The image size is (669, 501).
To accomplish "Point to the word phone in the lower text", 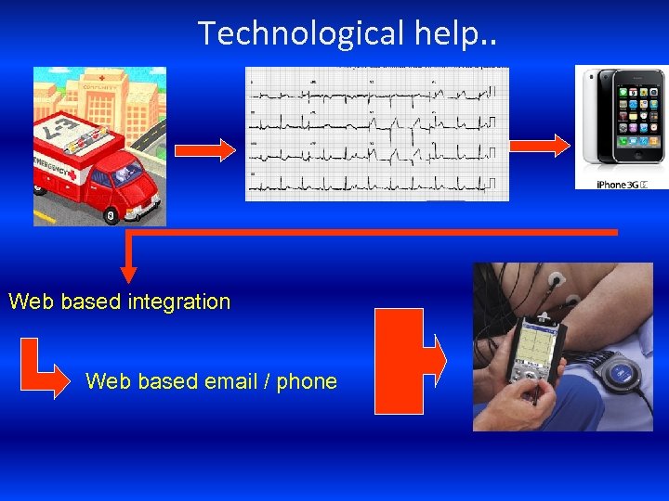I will click(x=307, y=381).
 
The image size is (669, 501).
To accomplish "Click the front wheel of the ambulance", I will click(x=110, y=215).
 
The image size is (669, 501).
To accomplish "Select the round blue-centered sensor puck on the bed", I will click(x=619, y=374).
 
